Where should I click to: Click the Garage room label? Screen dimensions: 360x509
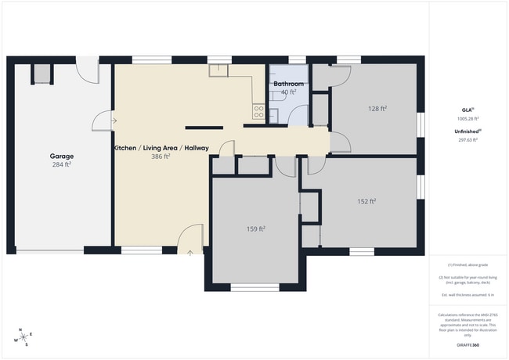pos(61,156)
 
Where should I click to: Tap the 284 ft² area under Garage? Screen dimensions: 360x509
pos(61,164)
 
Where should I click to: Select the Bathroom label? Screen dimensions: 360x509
pos(288,83)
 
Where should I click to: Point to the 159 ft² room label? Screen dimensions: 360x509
pos(255,229)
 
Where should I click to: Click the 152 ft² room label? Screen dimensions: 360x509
pos(366,201)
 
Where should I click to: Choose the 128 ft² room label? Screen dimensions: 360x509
pos(378,109)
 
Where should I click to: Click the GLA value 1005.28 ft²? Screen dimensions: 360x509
pos(467,119)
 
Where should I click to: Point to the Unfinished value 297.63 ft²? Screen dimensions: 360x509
pos(467,140)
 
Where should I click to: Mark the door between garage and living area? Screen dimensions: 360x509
pos(102,121)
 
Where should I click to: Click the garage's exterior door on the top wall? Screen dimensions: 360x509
pos(89,70)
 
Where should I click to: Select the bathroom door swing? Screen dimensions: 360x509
pos(299,116)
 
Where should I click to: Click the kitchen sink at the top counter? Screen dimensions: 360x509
pos(219,70)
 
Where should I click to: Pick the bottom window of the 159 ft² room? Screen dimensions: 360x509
pos(254,287)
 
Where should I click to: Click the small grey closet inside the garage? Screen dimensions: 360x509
pos(41,74)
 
